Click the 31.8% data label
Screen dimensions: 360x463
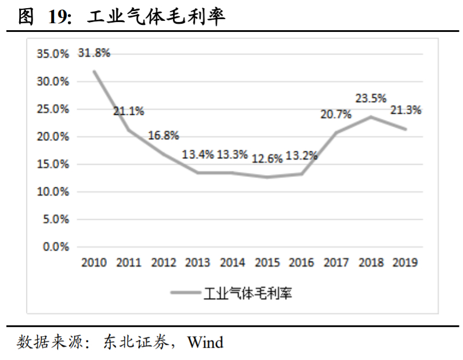tap(94, 53)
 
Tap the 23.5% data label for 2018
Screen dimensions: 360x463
tap(371, 99)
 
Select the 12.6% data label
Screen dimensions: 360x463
tap(267, 157)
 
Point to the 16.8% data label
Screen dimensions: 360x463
tap(163, 135)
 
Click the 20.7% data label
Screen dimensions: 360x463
tap(336, 114)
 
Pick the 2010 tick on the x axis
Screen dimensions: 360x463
tap(94, 263)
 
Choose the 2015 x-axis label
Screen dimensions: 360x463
tap(267, 263)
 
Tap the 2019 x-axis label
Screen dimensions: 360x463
tap(406, 263)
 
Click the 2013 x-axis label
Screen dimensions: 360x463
tap(198, 263)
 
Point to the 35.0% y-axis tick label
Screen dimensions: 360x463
tap(53, 54)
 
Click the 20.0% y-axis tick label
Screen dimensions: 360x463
tap(53, 137)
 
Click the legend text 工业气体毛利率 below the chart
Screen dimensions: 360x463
tap(247, 293)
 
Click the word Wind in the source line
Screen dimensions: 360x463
tap(205, 342)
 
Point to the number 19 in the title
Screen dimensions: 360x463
tap(59, 17)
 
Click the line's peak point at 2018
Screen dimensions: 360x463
tap(371, 117)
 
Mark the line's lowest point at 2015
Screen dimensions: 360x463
tap(267, 177)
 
